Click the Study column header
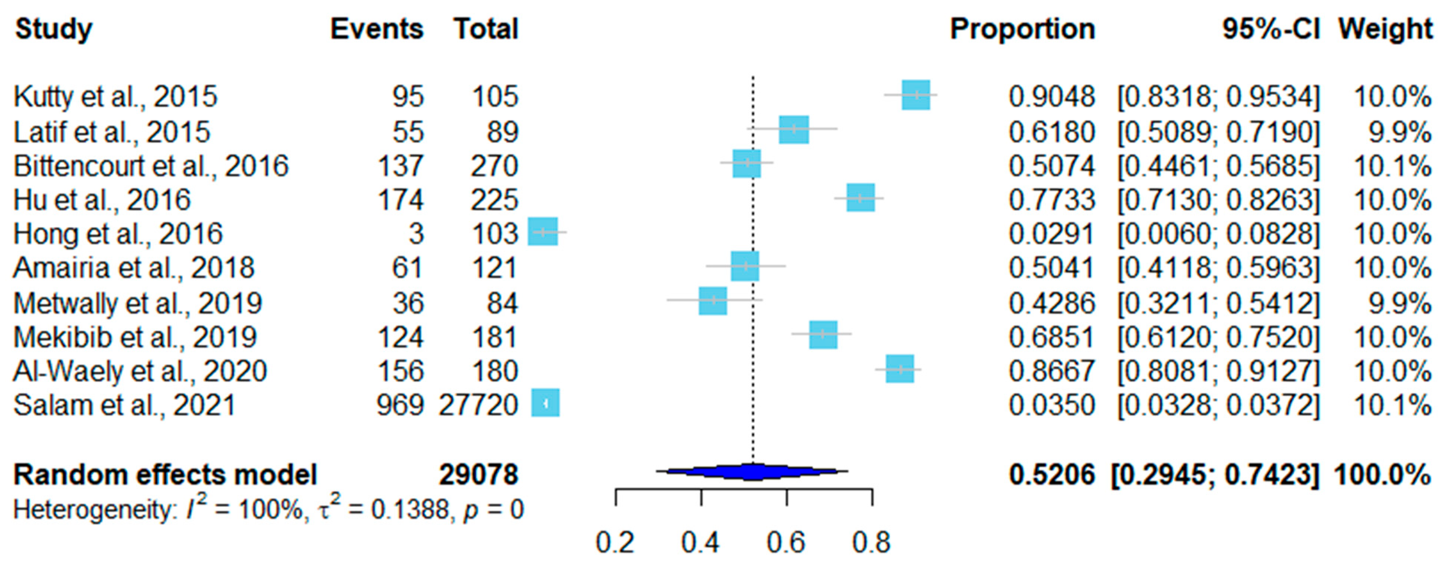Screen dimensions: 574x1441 coord(54,29)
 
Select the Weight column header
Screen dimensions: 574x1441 coord(1385,29)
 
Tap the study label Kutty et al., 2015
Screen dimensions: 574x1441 coord(115,97)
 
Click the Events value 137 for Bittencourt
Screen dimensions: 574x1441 coord(400,166)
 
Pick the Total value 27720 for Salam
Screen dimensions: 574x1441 coord(478,405)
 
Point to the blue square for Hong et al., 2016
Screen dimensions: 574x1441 coord(543,231)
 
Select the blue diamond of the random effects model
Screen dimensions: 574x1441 coord(752,472)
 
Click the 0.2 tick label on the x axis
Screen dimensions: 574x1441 coord(615,543)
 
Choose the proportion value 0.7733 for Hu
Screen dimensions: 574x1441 coord(1052,200)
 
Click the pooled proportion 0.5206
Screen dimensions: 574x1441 coord(1052,475)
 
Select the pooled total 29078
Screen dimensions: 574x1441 coord(479,475)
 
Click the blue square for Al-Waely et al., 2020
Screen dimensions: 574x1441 coord(900,369)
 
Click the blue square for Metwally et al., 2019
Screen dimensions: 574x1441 coord(713,301)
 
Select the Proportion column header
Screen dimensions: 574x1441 coord(1022,29)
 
